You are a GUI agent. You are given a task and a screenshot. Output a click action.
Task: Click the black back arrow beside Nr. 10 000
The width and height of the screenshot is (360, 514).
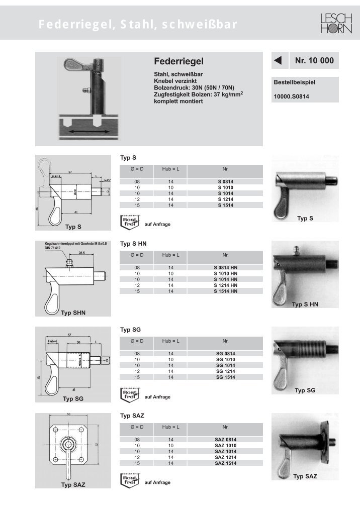click(x=277, y=61)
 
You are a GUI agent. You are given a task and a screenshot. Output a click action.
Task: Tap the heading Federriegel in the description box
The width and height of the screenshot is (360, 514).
click(x=178, y=61)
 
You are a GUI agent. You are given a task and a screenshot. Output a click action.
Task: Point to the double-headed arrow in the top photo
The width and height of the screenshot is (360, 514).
click(x=88, y=131)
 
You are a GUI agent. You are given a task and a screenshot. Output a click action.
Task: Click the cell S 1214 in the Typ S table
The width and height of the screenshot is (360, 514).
click(x=225, y=200)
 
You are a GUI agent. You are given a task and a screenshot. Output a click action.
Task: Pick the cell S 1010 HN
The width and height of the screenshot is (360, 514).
click(x=225, y=273)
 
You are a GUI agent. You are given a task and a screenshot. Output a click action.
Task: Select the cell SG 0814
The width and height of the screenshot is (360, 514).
click(x=225, y=354)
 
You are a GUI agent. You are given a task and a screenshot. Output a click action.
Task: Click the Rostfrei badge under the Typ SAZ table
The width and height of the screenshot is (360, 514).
click(x=129, y=479)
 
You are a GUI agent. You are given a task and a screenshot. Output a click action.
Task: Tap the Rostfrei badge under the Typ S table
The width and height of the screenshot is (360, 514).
click(x=129, y=221)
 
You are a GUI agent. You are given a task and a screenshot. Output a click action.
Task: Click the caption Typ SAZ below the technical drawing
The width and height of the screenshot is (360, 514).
click(x=73, y=485)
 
